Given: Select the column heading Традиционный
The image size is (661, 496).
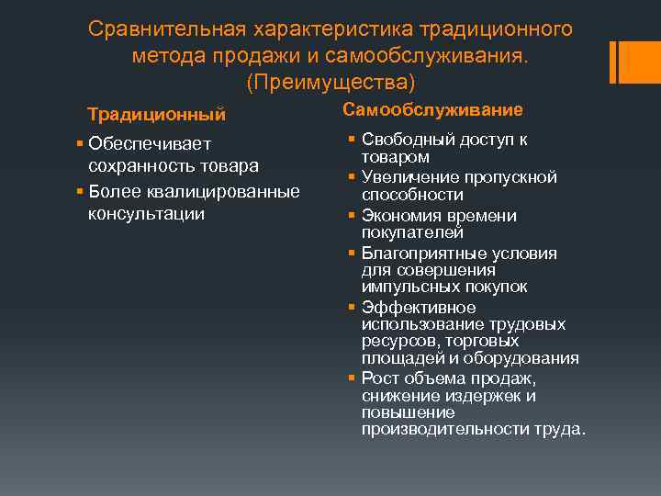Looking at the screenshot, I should (156, 115).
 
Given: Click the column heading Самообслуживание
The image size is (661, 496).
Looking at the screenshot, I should (432, 110).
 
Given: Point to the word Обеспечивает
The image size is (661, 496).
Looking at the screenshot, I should (150, 143).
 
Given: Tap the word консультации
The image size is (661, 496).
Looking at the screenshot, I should (146, 213).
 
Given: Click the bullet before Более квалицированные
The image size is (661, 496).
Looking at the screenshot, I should (81, 191).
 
